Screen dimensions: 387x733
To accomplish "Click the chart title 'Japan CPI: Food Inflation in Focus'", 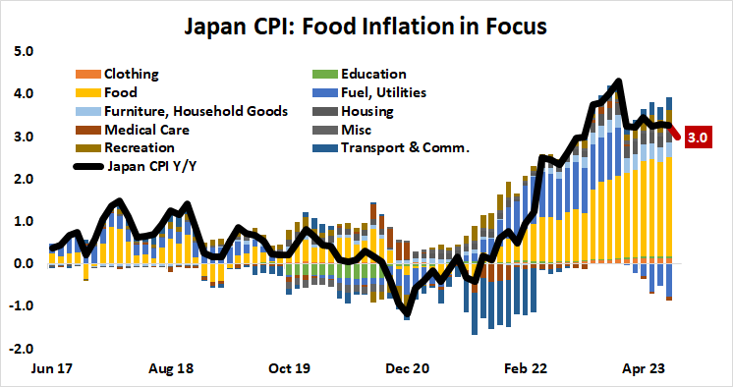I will pyautogui.click(x=366, y=23).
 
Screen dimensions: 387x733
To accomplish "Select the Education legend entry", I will pyautogui.click(x=372, y=74).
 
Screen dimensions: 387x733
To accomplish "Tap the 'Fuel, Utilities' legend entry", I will pyautogui.click(x=383, y=92).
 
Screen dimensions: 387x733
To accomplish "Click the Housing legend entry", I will pyautogui.click(x=367, y=111).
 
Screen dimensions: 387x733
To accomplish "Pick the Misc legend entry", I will pyautogui.click(x=357, y=130).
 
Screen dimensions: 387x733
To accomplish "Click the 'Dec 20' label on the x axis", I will pyautogui.click(x=407, y=370).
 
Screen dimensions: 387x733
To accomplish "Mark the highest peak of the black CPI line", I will pyautogui.click(x=618, y=82).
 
